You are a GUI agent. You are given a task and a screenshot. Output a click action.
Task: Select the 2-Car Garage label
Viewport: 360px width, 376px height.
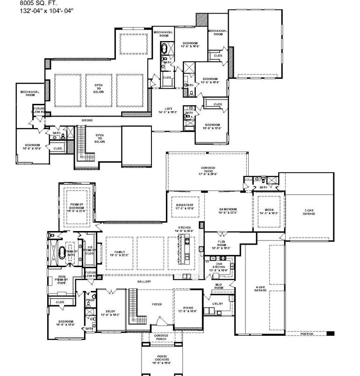point(310,212)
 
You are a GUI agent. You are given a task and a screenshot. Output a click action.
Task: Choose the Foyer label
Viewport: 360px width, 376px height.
point(157,304)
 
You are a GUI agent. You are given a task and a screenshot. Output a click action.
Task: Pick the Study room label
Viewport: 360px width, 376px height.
point(110,311)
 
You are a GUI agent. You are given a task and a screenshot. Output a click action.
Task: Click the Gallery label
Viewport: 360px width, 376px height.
point(144,282)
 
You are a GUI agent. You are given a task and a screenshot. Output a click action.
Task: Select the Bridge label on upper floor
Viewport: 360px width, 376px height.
point(87,121)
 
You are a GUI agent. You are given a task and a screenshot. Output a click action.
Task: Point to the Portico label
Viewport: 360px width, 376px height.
point(307,333)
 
